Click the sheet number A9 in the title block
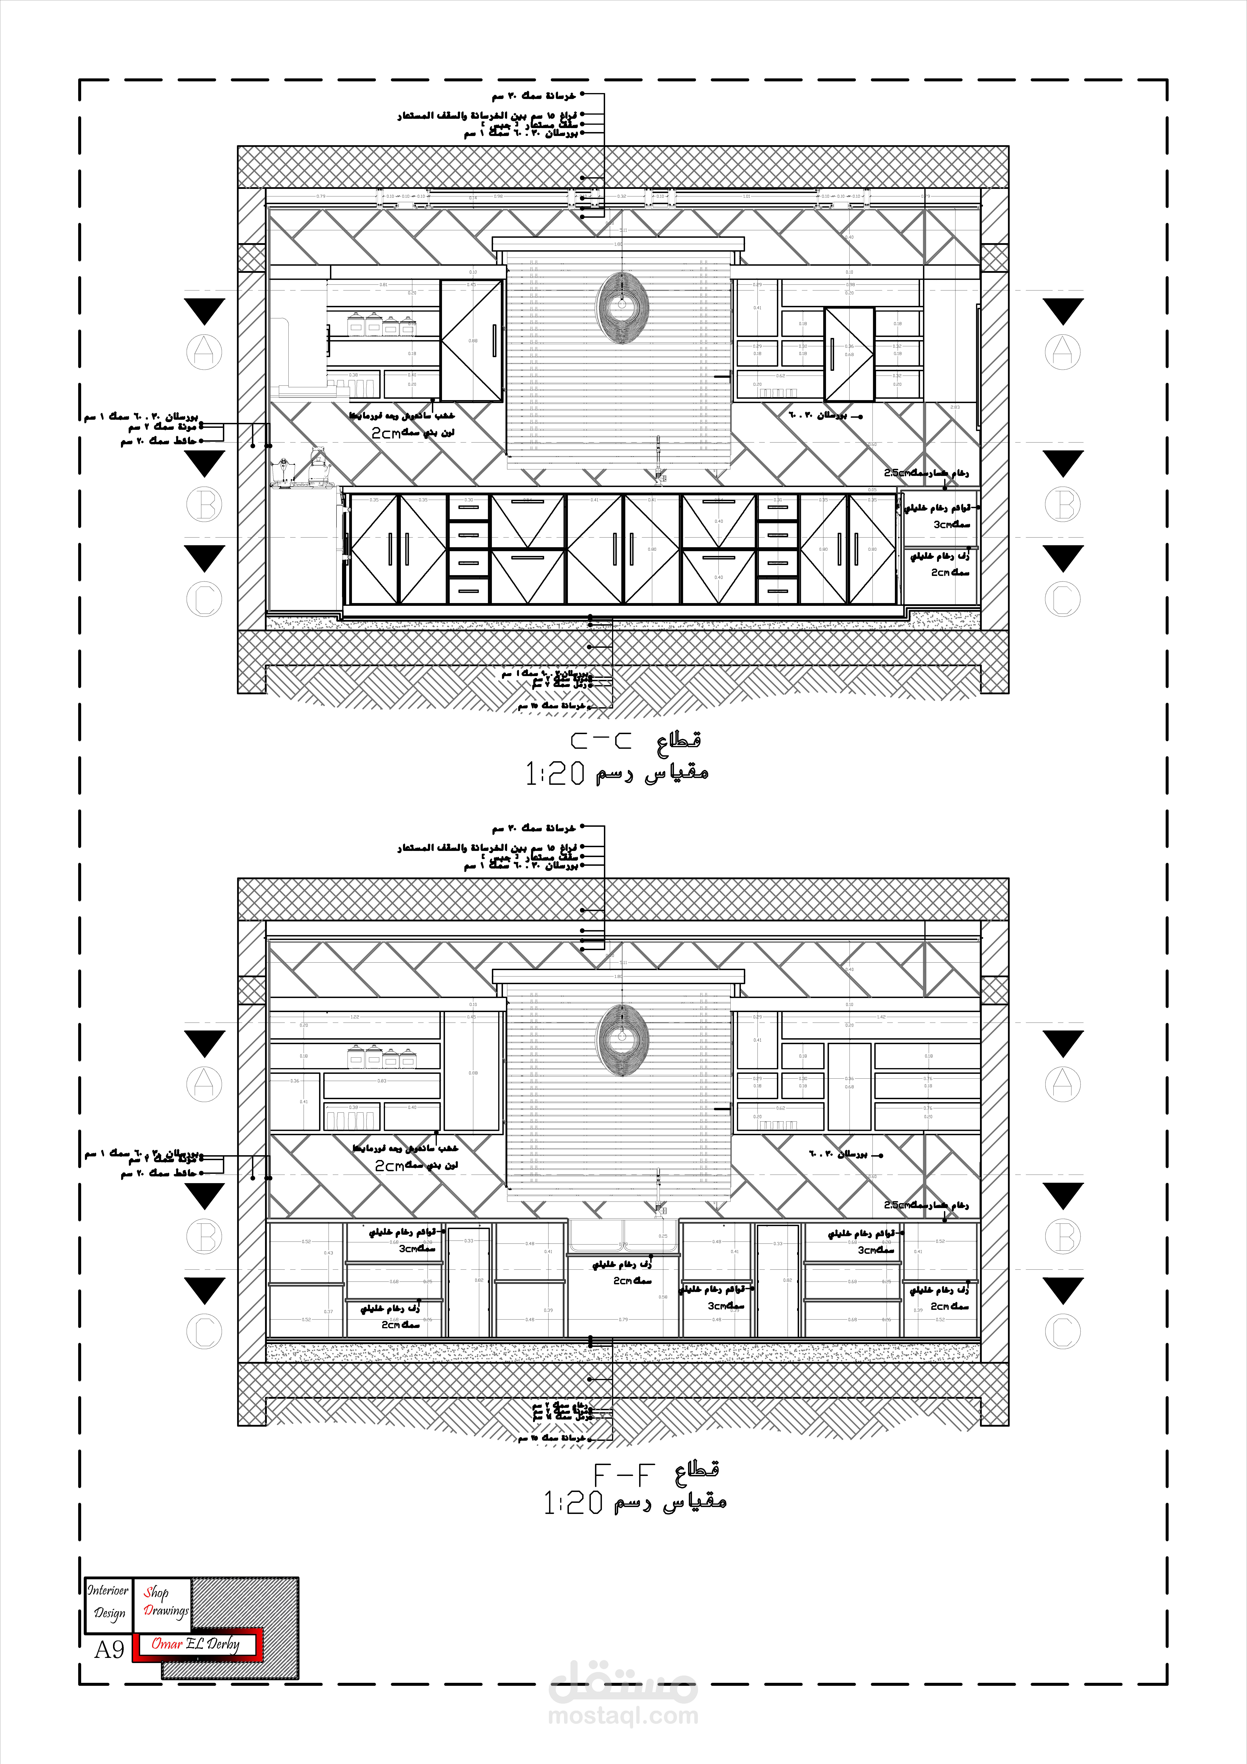click(x=109, y=1650)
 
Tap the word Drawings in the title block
click(x=166, y=1610)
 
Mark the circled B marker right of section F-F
click(x=1063, y=1236)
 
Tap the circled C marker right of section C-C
click(x=1063, y=599)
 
